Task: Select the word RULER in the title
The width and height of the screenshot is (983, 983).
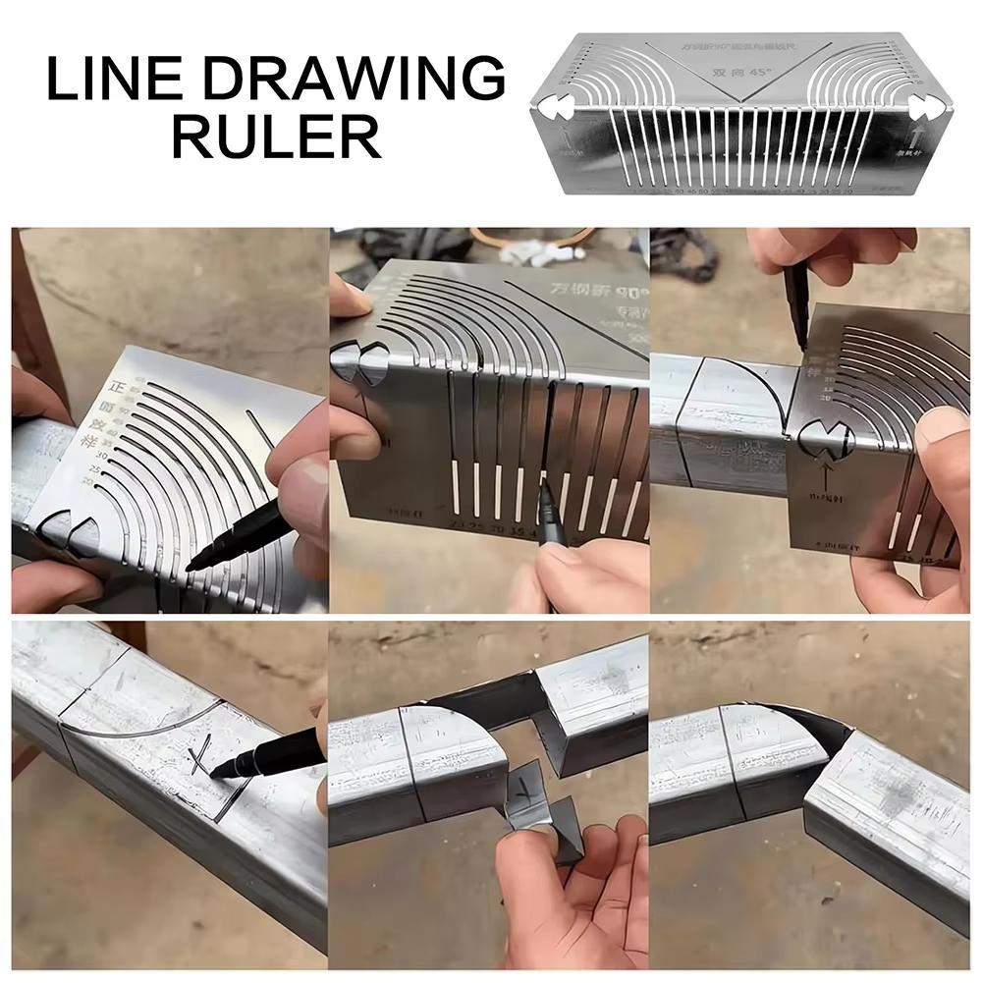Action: pyautogui.click(x=277, y=137)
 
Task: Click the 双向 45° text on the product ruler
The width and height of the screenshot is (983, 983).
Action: pyautogui.click(x=736, y=73)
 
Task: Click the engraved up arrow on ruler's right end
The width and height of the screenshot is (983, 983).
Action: pyautogui.click(x=920, y=138)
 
